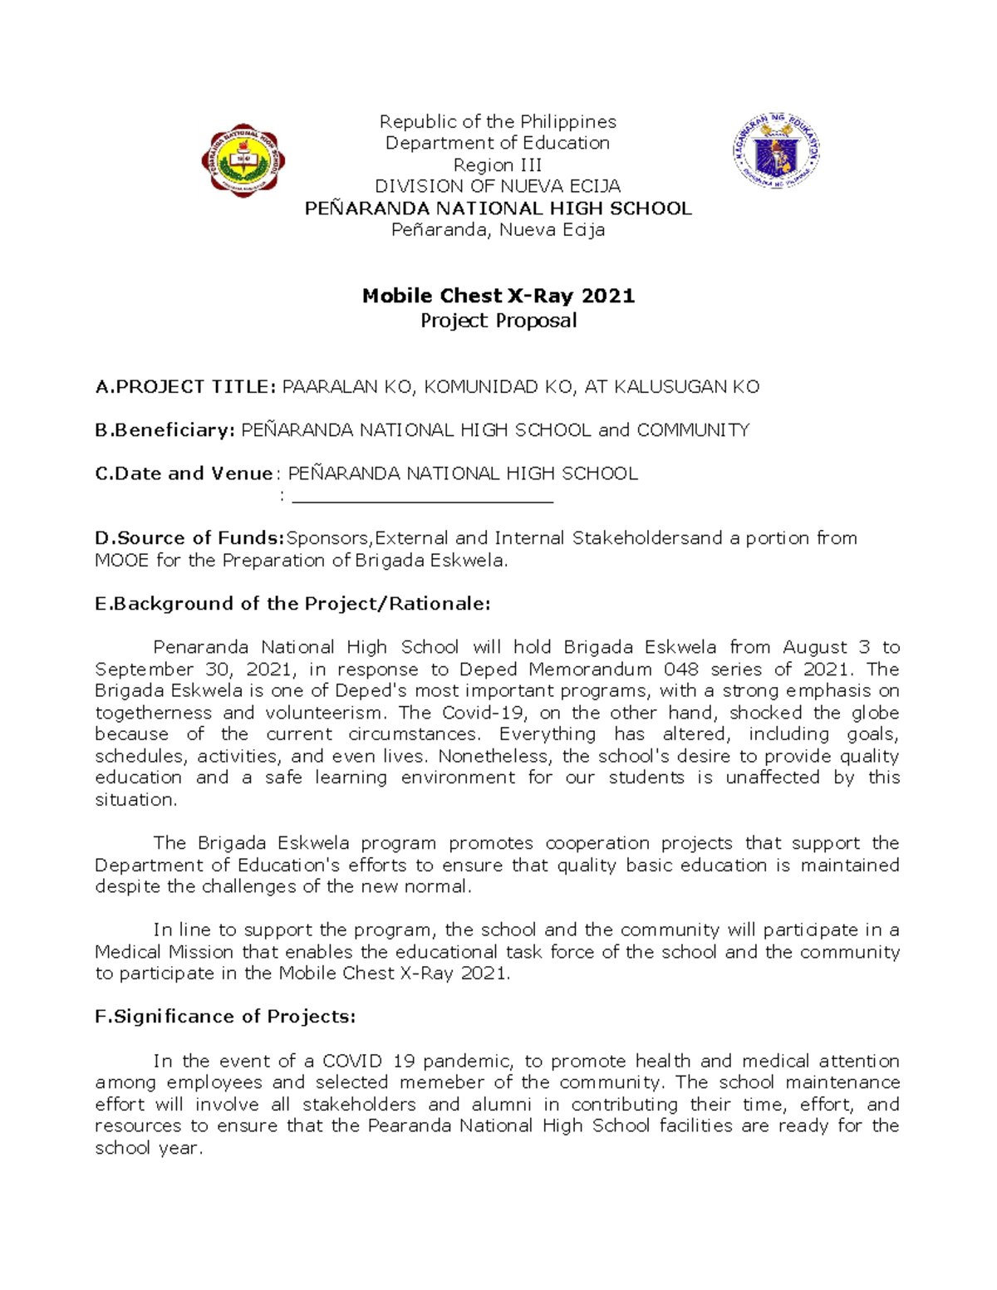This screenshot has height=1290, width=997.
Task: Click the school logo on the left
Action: [243, 160]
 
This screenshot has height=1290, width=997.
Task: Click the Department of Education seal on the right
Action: [777, 150]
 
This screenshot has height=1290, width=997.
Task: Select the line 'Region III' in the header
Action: [498, 164]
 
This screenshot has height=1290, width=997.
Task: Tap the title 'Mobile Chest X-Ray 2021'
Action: [498, 296]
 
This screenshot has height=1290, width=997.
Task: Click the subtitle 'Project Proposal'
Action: [498, 321]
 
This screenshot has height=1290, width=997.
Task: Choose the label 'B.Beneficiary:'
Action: [165, 430]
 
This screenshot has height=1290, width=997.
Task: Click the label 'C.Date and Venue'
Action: [184, 473]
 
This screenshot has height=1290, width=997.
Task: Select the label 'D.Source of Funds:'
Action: [189, 538]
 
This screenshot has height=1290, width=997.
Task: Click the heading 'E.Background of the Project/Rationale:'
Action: [292, 604]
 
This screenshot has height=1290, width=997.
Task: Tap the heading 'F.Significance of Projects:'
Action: [225, 1017]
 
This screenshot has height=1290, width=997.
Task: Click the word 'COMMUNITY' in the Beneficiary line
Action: [693, 430]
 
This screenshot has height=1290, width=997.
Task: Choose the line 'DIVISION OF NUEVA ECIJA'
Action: [498, 186]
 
